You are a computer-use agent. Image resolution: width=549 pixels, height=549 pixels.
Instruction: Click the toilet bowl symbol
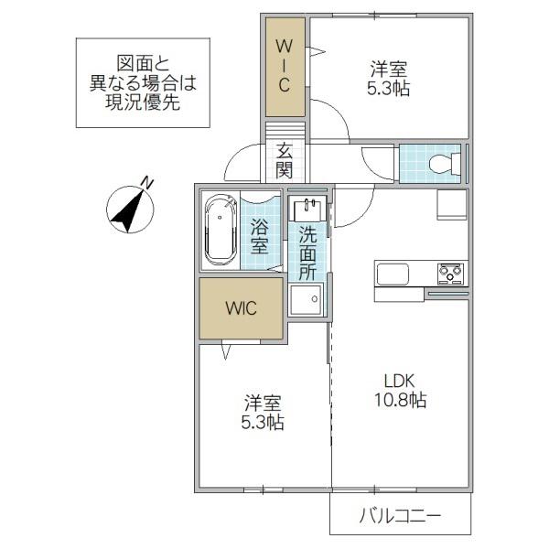click(x=444, y=164)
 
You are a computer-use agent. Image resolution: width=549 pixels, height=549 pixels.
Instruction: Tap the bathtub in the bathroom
click(x=220, y=230)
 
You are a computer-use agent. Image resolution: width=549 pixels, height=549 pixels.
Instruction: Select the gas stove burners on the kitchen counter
click(x=450, y=274)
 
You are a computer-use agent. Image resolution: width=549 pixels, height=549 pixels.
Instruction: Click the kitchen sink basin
click(x=393, y=274)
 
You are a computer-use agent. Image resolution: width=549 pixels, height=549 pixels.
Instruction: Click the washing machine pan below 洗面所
click(x=306, y=300)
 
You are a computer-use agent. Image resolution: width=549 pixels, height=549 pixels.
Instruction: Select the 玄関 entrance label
click(x=284, y=161)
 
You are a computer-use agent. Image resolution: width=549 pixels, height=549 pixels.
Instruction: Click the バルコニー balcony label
click(x=400, y=516)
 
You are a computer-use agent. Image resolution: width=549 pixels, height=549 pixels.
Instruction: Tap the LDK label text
click(x=400, y=381)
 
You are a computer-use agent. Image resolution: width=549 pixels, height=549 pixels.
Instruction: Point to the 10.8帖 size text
click(x=401, y=400)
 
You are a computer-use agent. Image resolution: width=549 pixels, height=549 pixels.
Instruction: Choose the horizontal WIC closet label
click(x=241, y=308)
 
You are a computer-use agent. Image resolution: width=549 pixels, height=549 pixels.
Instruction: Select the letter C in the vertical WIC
click(x=285, y=84)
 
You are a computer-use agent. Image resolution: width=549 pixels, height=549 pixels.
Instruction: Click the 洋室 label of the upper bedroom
click(x=388, y=70)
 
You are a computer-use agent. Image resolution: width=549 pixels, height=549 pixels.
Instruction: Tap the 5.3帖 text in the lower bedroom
click(x=263, y=422)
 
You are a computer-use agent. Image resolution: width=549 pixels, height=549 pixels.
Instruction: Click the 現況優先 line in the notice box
click(x=143, y=102)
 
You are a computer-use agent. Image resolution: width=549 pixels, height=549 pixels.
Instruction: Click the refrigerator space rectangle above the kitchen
click(x=452, y=205)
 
